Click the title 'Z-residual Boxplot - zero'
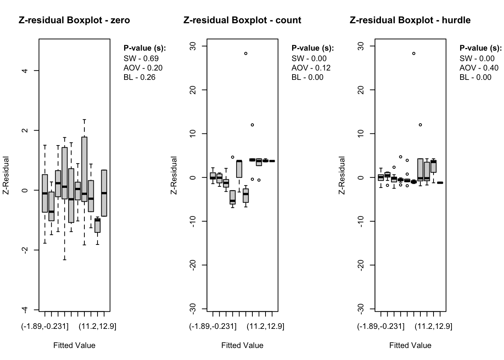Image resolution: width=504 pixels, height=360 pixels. pos(74,20)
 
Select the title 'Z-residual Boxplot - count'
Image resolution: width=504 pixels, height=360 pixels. pos(242,20)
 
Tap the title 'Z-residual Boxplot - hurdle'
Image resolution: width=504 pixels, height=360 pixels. pos(410,20)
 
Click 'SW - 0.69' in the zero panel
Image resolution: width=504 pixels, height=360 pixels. pos(141,58)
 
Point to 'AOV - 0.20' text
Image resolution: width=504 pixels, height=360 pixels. pos(143,68)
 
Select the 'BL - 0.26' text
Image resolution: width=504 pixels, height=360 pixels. pos(139,77)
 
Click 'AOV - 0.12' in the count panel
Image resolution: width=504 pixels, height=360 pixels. pos(311,68)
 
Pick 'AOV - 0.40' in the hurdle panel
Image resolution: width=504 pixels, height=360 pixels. pos(479,68)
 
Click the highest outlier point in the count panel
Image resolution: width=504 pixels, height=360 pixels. pos(246,53)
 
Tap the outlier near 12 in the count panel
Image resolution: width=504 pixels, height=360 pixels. pos(252,125)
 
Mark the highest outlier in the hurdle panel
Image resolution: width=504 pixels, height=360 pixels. pos(414,53)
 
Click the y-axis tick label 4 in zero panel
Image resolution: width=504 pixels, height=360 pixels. pos(25,70)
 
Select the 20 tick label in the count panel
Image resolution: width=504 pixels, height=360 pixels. pos(193,90)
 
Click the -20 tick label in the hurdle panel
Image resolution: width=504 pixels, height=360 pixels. pos(361,265)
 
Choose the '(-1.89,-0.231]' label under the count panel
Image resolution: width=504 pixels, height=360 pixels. pos(213,327)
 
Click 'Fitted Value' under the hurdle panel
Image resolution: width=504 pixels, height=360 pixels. pos(410,345)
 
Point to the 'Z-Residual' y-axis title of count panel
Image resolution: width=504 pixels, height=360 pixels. pos(174,175)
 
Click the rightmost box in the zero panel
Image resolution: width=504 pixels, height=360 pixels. pos(104,193)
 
